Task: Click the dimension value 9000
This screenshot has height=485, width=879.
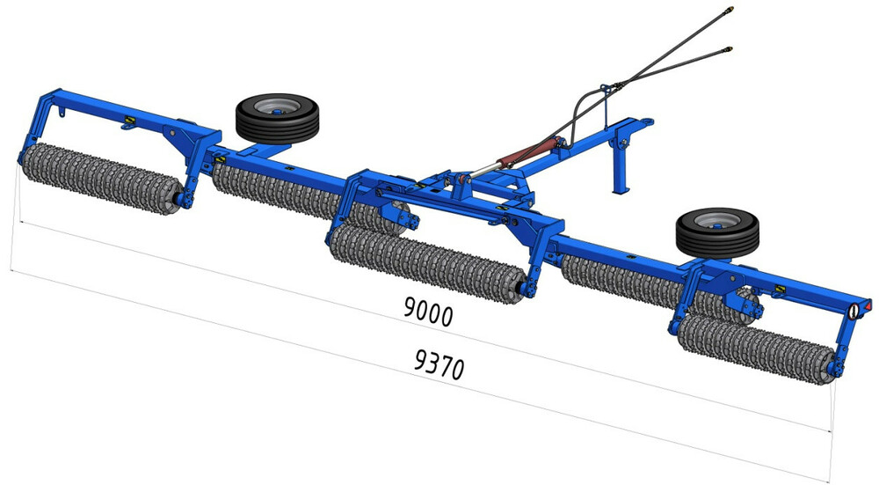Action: tap(428, 312)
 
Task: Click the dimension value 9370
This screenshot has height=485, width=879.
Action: tap(439, 364)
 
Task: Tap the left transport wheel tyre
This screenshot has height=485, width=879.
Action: tap(277, 119)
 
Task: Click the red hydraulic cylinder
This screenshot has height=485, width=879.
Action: tap(527, 152)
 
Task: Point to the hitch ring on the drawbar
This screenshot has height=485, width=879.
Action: tap(646, 121)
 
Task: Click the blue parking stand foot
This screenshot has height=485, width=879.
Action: tap(620, 191)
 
